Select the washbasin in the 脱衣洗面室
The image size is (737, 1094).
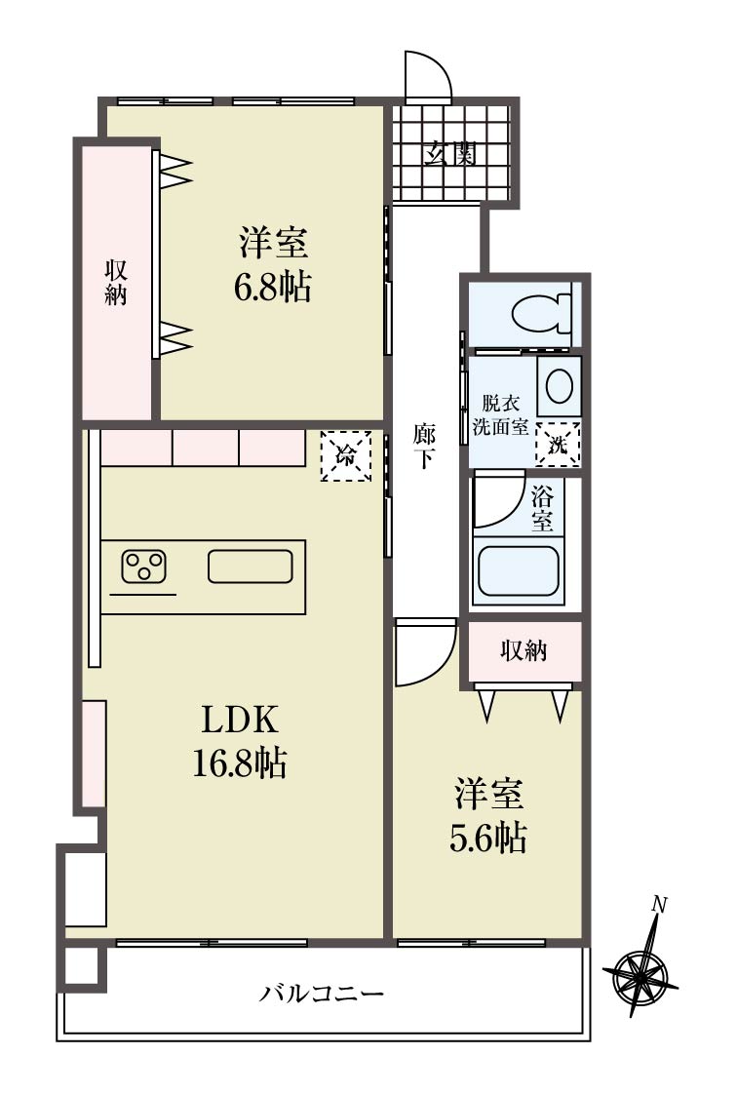tap(559, 386)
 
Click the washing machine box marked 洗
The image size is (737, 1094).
tap(558, 445)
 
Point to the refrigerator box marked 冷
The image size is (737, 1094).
tap(345, 456)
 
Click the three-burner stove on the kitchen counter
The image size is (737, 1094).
tap(144, 567)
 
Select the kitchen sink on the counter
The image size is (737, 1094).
tap(251, 566)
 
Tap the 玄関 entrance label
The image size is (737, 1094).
tap(451, 152)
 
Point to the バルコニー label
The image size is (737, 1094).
tap(322, 993)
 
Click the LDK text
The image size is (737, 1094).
tap(240, 720)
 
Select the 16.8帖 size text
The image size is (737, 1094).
tap(239, 762)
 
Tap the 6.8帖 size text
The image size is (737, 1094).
tap(272, 286)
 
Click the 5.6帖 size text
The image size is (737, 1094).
tap(487, 838)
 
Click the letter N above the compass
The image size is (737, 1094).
tap(659, 905)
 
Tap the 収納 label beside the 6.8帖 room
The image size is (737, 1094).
tap(116, 282)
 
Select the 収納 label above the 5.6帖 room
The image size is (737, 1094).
tap(524, 650)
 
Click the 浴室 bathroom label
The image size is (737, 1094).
tap(542, 509)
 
